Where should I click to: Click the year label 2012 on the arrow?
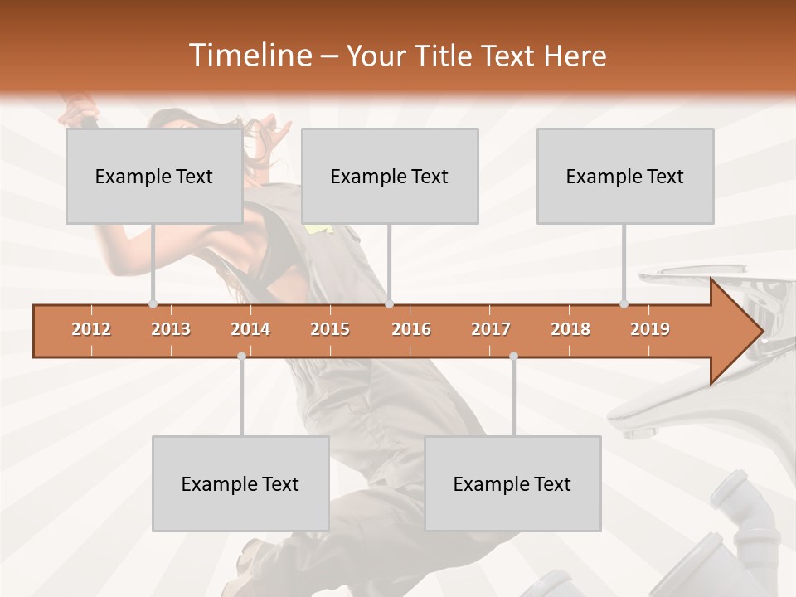point(91,329)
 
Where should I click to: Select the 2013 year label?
point(171,329)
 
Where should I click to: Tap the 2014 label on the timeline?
point(250,329)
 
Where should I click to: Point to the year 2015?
point(330,329)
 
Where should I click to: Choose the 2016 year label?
point(410,329)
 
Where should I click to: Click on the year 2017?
point(491,329)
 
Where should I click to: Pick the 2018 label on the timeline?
point(570,329)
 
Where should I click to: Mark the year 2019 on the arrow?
point(650,329)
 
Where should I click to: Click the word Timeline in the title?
point(250,56)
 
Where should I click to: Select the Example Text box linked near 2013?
point(154,176)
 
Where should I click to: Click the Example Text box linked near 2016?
point(390,176)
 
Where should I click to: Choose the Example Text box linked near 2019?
point(625,176)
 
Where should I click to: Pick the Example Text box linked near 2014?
point(240,483)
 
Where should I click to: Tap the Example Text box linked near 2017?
point(512,483)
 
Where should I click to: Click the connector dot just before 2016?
point(390,304)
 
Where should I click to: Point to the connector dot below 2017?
point(513,357)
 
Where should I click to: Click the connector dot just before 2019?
point(624,304)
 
